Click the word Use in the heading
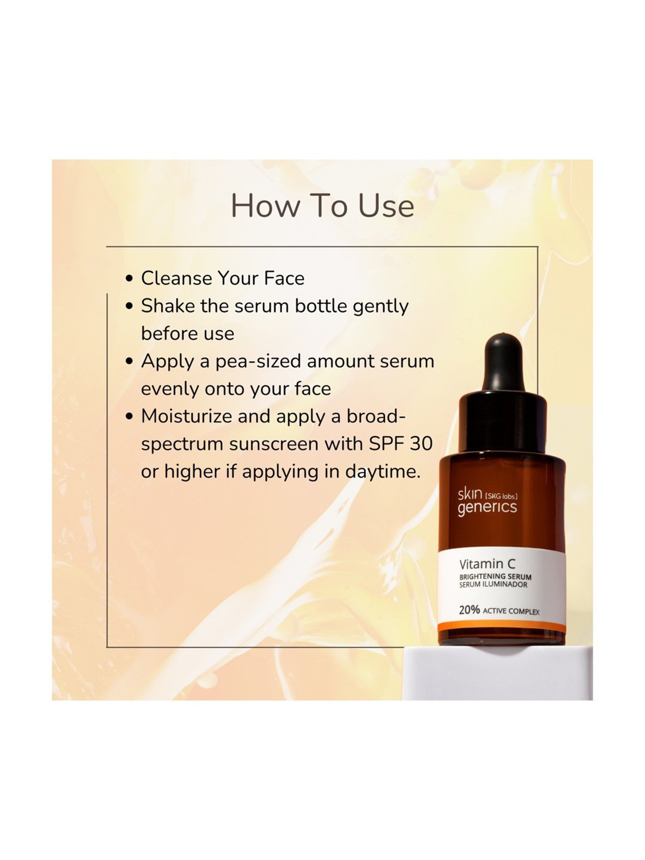[386, 206]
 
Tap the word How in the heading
[265, 206]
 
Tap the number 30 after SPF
[421, 444]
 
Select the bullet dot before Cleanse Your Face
[129, 279]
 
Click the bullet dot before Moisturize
[129, 417]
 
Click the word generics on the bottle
[487, 507]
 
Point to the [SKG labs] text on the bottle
[501, 496]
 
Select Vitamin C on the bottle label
[487, 564]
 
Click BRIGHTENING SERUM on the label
[495, 577]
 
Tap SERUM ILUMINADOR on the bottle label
[493, 585]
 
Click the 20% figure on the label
[469, 610]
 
